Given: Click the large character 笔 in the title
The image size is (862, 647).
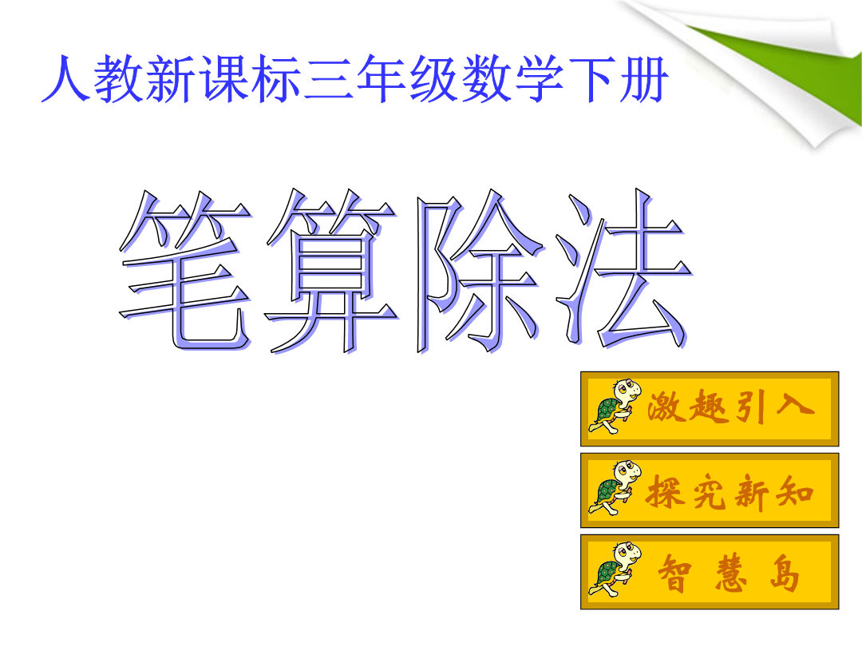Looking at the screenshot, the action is (x=186, y=270).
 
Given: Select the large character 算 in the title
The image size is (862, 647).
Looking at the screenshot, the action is (x=331, y=270).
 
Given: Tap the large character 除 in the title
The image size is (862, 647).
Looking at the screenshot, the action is (x=480, y=270).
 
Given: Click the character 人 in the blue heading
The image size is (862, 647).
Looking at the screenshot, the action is (x=65, y=78).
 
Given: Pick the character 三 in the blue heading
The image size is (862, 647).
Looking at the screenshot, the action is (x=329, y=78).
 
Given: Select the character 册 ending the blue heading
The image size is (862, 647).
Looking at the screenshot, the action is (x=643, y=79).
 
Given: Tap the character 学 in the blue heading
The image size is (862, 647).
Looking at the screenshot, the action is (x=540, y=78).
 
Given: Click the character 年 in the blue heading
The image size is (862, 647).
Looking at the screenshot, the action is (x=381, y=78).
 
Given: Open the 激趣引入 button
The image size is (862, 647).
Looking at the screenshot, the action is (x=710, y=408).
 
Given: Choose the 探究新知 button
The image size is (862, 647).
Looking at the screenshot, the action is (x=710, y=490).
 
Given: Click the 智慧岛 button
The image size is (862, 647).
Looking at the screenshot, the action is (x=710, y=572).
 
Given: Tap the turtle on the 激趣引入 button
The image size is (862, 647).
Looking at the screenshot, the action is (x=615, y=407).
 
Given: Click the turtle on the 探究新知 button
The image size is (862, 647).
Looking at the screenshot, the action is (x=615, y=488).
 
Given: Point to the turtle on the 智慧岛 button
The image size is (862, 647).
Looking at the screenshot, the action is (x=615, y=570).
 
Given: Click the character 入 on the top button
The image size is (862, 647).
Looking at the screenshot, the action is (x=795, y=406).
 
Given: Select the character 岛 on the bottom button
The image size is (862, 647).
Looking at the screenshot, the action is (x=785, y=573).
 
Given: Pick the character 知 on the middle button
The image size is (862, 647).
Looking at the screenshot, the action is (x=795, y=491).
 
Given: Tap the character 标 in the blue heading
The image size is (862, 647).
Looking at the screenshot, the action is (x=275, y=78).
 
